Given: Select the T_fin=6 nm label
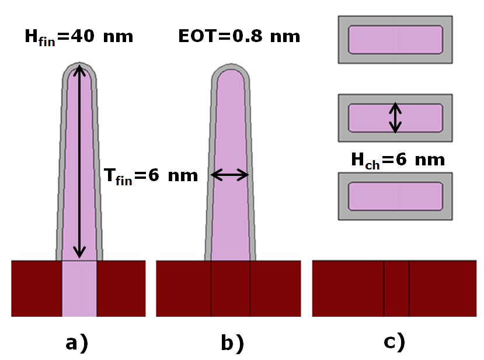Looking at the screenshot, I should [x=151, y=174].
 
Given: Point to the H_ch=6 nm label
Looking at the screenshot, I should [x=398, y=160].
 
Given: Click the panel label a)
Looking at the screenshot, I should [x=77, y=342].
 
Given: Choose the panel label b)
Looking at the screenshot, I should [x=232, y=342].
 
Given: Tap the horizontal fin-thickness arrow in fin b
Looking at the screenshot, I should [x=230, y=174].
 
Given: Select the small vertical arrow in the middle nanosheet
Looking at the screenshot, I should [x=396, y=117].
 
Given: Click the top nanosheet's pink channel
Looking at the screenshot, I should [x=395, y=39].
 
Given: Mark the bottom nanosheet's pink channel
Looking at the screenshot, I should [x=395, y=196].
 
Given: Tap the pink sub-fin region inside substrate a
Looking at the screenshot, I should [x=79, y=289].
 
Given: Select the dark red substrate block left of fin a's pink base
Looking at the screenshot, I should [x=36, y=289].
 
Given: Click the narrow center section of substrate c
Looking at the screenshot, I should [x=396, y=289].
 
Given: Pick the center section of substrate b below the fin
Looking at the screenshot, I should [x=231, y=289].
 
